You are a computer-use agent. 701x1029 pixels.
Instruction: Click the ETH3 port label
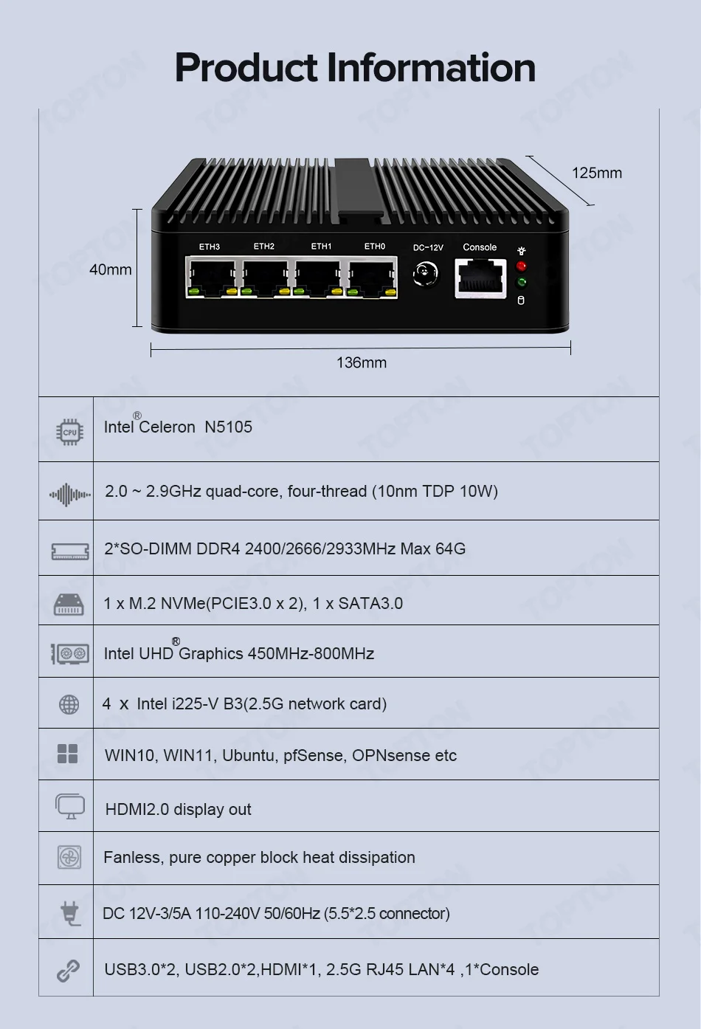tap(210, 247)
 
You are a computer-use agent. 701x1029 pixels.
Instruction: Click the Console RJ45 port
tap(480, 279)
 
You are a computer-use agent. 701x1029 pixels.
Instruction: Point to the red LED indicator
tap(521, 266)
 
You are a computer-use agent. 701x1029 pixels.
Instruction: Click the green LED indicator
tap(522, 283)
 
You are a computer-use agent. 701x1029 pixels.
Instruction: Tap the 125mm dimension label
tap(596, 173)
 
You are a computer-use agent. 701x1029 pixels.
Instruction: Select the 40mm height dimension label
tap(110, 269)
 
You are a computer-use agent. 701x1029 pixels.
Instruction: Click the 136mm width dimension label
tap(361, 362)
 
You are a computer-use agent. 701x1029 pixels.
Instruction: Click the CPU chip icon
tap(69, 432)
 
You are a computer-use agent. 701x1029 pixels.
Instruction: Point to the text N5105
tap(228, 427)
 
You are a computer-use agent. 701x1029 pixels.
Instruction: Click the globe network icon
tap(69, 705)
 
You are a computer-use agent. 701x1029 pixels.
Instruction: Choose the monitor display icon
tap(70, 806)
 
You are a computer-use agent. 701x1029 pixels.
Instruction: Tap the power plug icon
tap(70, 913)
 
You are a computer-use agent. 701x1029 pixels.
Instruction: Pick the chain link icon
tap(68, 971)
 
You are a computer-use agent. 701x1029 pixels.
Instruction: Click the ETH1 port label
tap(321, 247)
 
